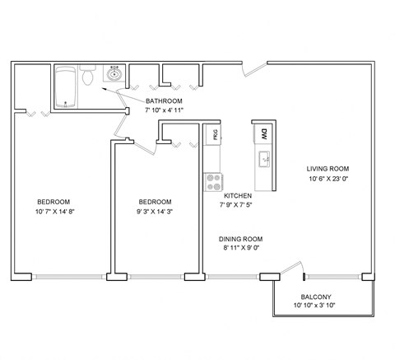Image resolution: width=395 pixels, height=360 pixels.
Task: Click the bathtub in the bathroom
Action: [x=65, y=86]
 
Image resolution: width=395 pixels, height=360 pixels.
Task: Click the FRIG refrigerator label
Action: [x=214, y=134]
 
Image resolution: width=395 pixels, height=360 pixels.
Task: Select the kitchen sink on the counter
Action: [x=264, y=158]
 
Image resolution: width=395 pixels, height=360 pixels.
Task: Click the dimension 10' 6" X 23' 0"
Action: [x=324, y=179]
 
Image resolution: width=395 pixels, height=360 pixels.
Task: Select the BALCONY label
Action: [x=315, y=297]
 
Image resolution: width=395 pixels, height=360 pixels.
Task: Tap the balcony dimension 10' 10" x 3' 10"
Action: [x=315, y=306]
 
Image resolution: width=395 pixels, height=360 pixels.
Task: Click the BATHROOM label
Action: [x=164, y=101]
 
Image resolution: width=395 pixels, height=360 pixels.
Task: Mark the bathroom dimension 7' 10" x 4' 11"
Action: [x=164, y=110]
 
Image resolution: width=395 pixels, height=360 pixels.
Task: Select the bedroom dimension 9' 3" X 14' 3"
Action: [x=155, y=212]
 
